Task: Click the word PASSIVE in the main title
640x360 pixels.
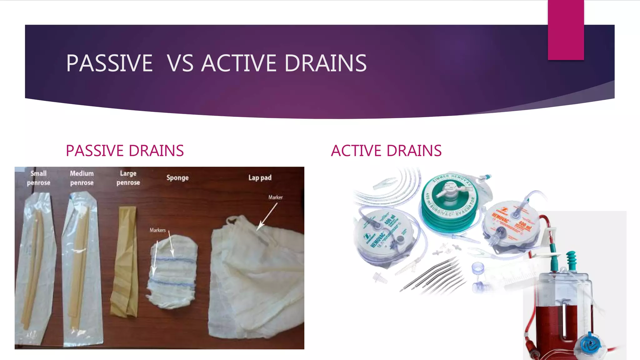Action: (x=109, y=63)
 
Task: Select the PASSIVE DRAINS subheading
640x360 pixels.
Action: (x=125, y=151)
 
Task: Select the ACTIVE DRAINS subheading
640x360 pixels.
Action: (x=386, y=151)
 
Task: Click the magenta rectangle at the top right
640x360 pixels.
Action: (x=566, y=30)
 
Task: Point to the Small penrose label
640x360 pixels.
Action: (x=38, y=178)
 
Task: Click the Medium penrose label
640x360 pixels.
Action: (x=82, y=178)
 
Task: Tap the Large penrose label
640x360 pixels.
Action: (x=128, y=178)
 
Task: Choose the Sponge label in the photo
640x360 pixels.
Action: (x=177, y=178)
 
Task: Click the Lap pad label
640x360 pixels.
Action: (x=260, y=178)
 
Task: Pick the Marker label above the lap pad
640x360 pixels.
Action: (x=275, y=197)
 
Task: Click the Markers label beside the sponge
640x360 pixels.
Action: (x=157, y=230)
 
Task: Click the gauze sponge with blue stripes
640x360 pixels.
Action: (x=172, y=272)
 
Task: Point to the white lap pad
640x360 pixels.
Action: (x=256, y=281)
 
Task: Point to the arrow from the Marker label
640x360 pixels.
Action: (x=267, y=216)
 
